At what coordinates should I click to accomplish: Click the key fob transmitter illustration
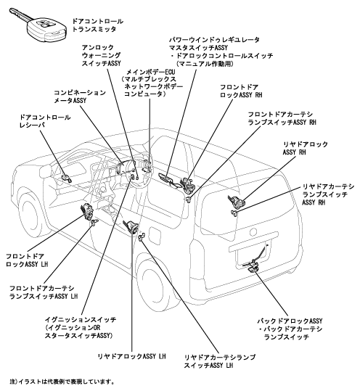38,25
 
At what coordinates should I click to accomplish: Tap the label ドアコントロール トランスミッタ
97,25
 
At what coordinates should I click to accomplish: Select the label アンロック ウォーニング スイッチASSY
102,55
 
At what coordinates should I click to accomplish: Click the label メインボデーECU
151,73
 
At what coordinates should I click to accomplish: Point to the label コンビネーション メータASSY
80,96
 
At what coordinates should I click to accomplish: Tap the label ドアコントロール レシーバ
45,121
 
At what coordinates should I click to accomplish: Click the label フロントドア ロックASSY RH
241,91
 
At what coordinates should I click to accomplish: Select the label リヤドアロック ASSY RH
305,148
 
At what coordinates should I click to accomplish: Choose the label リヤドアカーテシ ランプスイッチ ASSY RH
328,194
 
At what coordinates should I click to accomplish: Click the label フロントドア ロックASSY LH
27,260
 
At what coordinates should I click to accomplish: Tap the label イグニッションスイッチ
81,320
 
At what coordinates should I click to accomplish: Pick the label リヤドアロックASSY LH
131,357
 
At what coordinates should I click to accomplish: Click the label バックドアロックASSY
290,321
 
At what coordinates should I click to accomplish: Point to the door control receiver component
66,178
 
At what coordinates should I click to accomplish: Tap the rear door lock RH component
237,202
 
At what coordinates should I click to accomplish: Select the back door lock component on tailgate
253,266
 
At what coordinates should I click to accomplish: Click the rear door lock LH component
130,226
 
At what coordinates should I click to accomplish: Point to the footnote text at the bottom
62,382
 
